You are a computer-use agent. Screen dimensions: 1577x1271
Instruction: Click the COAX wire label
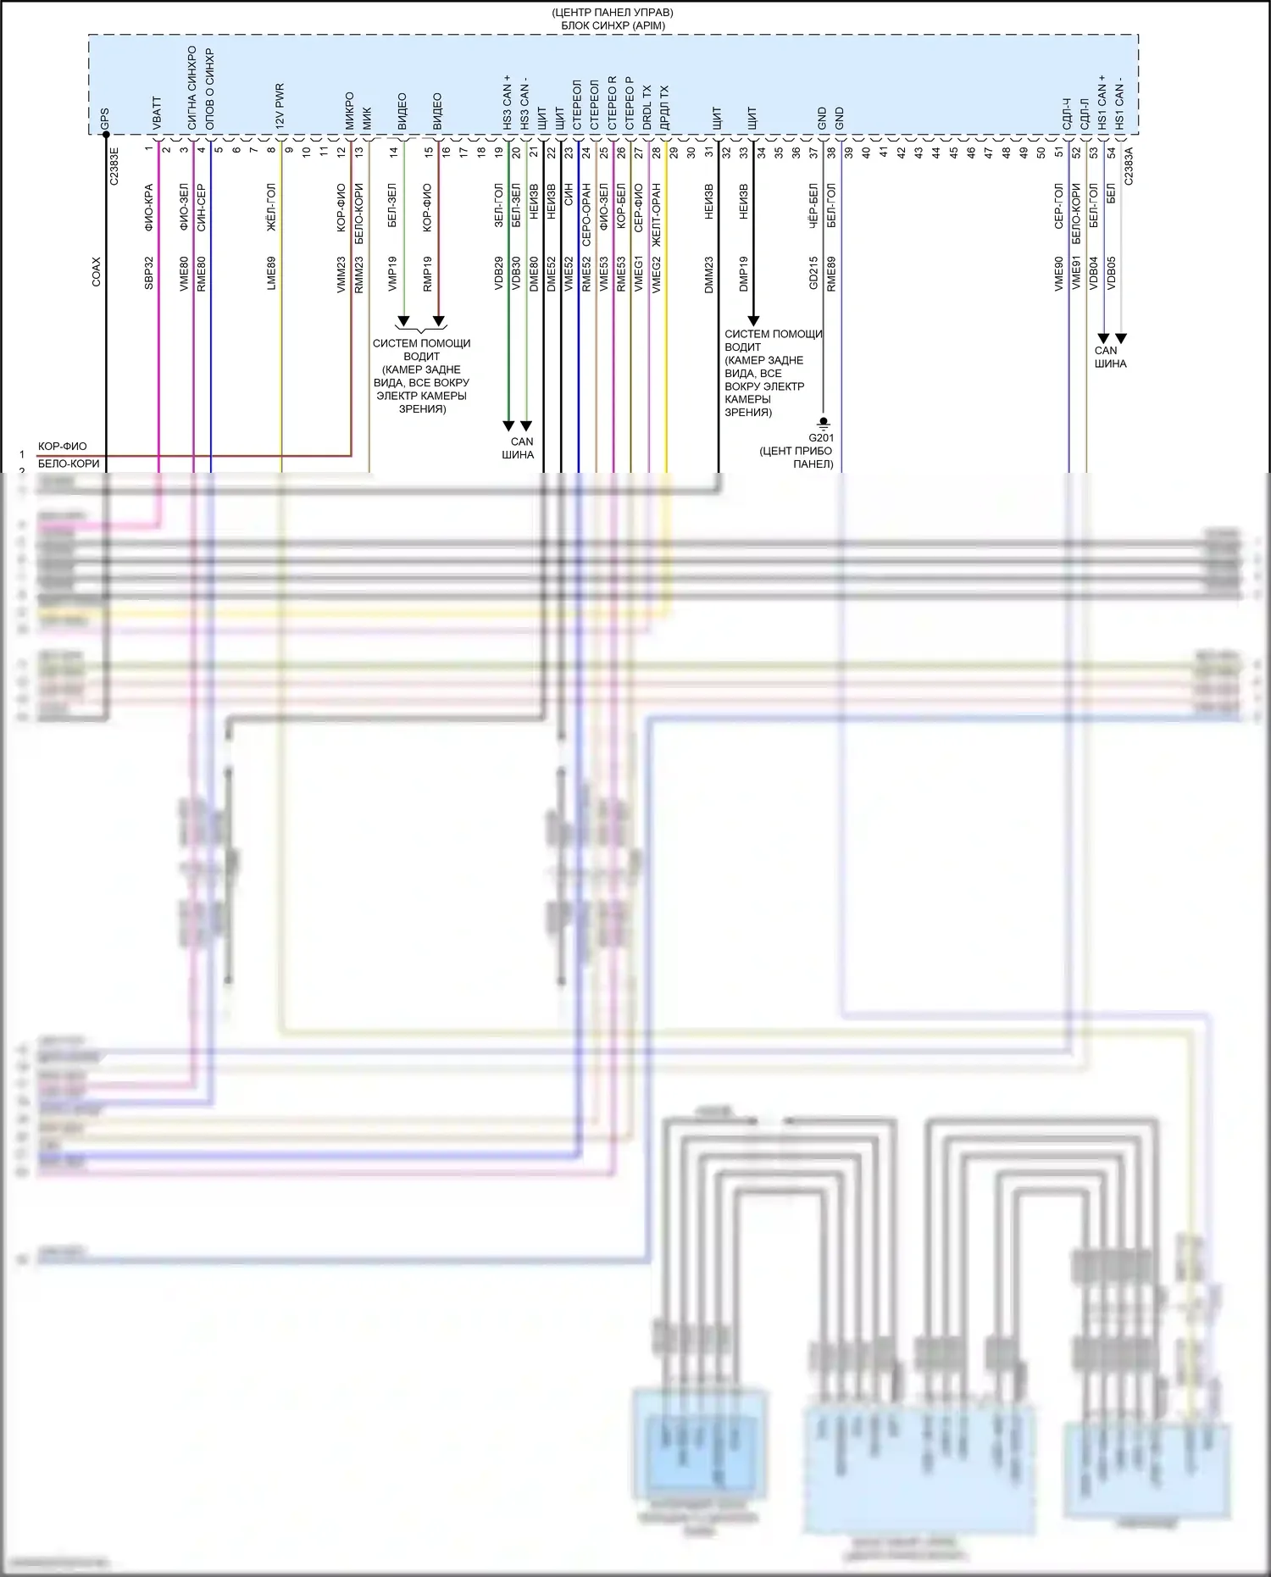(96, 271)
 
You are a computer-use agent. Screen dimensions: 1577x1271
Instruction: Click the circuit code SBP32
(149, 274)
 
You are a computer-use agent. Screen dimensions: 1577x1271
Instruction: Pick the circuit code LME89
(271, 274)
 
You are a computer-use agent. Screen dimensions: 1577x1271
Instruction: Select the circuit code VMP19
(392, 274)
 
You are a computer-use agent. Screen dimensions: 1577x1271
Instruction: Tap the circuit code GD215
(813, 274)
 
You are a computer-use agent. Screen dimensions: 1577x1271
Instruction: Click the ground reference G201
(821, 438)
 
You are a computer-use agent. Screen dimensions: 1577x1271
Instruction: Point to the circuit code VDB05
(1111, 274)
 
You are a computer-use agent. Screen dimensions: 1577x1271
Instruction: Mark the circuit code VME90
(1059, 274)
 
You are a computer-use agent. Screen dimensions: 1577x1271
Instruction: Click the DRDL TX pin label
(647, 107)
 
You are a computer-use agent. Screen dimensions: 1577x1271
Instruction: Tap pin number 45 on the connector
(953, 153)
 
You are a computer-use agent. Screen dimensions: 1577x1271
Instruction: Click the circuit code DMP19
(744, 274)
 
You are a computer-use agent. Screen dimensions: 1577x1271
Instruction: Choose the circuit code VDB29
(499, 274)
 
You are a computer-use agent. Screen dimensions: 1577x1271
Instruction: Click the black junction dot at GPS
(106, 134)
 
